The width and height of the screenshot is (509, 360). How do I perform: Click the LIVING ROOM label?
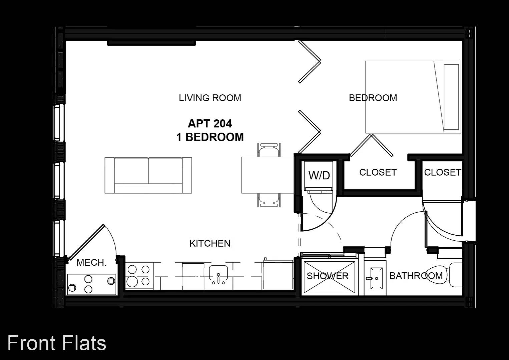coord(210,98)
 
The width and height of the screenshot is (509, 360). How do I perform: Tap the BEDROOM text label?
coord(373,98)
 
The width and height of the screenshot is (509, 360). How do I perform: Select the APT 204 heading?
coord(210,124)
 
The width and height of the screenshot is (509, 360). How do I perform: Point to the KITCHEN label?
coord(210,243)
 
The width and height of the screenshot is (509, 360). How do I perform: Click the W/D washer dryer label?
coord(319,175)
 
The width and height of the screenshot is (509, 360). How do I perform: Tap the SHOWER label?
coord(328,276)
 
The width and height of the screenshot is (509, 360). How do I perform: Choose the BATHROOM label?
coord(416,276)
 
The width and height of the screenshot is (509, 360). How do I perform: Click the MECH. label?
coord(91,263)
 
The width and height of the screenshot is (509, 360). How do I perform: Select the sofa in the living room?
coord(148,175)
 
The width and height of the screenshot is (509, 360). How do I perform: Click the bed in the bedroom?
coord(413,97)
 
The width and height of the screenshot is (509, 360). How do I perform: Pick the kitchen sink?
coord(218,274)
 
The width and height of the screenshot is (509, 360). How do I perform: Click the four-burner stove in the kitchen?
coord(139,276)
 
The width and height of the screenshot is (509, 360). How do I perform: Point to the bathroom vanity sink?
coord(377,278)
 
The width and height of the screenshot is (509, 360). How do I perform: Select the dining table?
coord(268,175)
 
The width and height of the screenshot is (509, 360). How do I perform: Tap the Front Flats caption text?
coord(57,343)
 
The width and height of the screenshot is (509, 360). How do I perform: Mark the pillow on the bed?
coord(451,97)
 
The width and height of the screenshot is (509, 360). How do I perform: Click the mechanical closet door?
coord(86,242)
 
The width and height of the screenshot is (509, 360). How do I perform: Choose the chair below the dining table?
coord(269,200)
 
